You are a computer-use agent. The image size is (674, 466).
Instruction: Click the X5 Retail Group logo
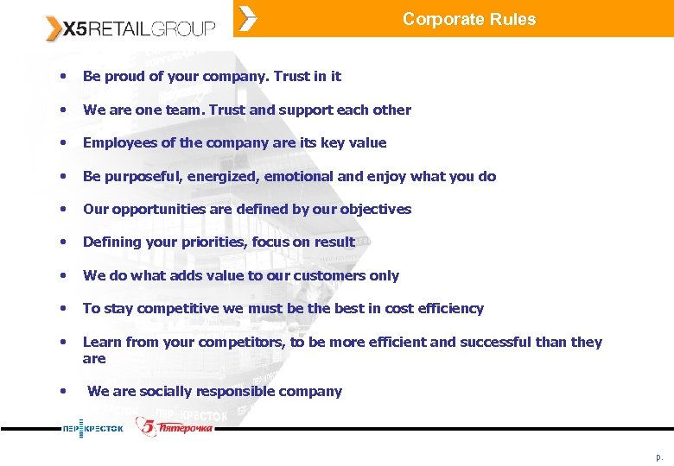130,28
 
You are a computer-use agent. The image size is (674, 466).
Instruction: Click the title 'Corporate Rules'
469,19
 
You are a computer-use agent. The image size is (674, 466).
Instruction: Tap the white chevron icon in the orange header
248,18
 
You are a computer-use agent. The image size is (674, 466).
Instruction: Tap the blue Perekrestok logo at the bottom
92,428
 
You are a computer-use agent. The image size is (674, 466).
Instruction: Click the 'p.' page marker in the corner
659,456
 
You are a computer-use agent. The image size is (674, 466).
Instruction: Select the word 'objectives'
377,209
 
